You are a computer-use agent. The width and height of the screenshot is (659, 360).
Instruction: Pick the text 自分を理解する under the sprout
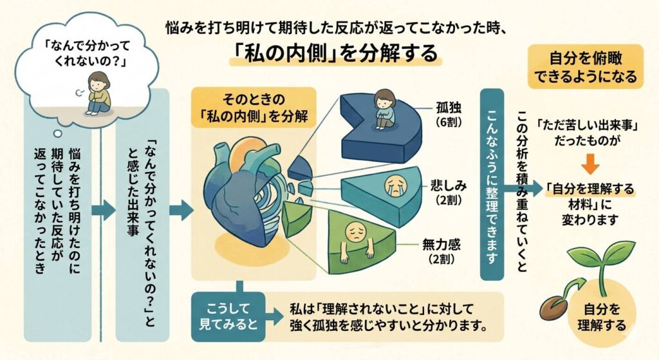[603, 316]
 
